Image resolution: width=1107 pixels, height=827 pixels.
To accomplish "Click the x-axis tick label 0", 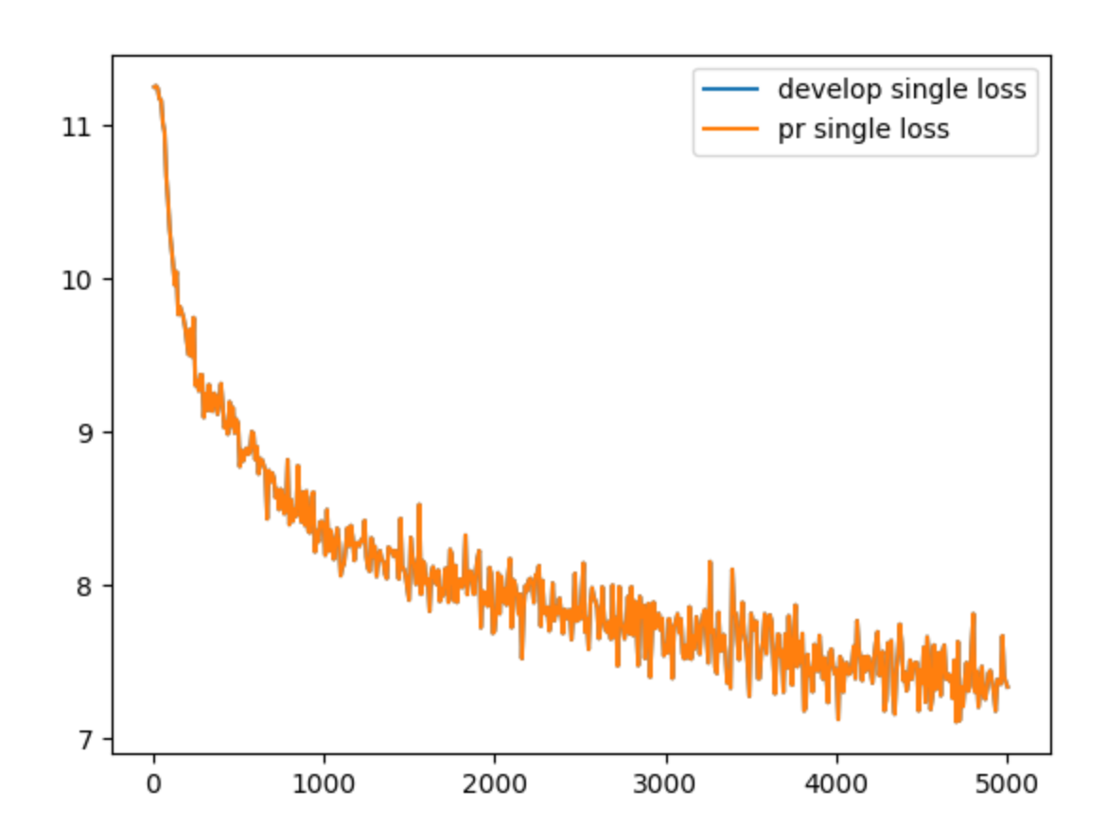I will click(x=153, y=783).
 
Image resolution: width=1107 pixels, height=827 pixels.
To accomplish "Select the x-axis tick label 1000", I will click(x=324, y=783).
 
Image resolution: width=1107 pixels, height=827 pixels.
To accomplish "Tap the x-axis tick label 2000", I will click(x=495, y=783).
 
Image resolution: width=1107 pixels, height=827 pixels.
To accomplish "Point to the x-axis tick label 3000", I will click(x=666, y=783).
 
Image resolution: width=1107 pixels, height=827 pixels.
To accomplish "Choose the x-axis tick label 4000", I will click(x=836, y=783).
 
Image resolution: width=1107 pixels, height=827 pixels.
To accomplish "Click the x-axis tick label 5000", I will click(x=1007, y=783).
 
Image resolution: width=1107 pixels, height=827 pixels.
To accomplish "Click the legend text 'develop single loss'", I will click(x=902, y=90).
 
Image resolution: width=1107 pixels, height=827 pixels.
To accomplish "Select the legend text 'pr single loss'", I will click(x=863, y=129).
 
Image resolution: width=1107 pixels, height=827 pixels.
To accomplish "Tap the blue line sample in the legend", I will click(x=729, y=90).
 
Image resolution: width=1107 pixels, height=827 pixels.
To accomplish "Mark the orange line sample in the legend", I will click(x=729, y=129).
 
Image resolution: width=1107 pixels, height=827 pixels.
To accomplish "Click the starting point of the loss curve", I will click(x=153, y=86).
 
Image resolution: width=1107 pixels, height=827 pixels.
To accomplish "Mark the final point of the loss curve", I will click(x=1008, y=687).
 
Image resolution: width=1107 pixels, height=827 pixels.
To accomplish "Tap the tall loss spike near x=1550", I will click(x=419, y=505).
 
